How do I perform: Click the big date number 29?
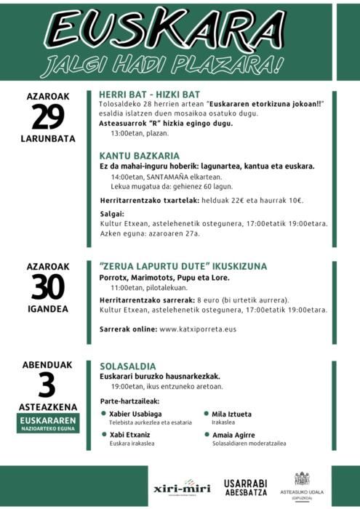tap(47, 117)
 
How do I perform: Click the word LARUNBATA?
tap(48, 138)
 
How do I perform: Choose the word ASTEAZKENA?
tap(49, 407)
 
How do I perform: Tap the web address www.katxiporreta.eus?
tap(208, 329)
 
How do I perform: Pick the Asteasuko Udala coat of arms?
tap(302, 479)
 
